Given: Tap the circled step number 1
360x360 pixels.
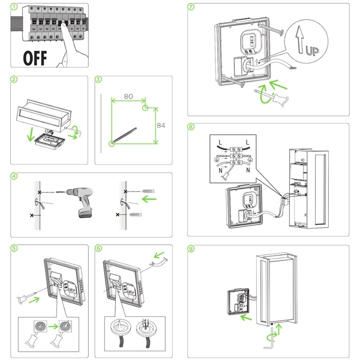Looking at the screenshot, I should [x=14, y=8].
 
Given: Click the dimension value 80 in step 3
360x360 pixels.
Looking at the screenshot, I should [x=128, y=97].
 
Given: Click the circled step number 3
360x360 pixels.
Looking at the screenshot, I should [x=98, y=79].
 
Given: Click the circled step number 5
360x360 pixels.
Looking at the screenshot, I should [x=14, y=248].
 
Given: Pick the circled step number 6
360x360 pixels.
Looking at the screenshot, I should [x=98, y=248].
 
